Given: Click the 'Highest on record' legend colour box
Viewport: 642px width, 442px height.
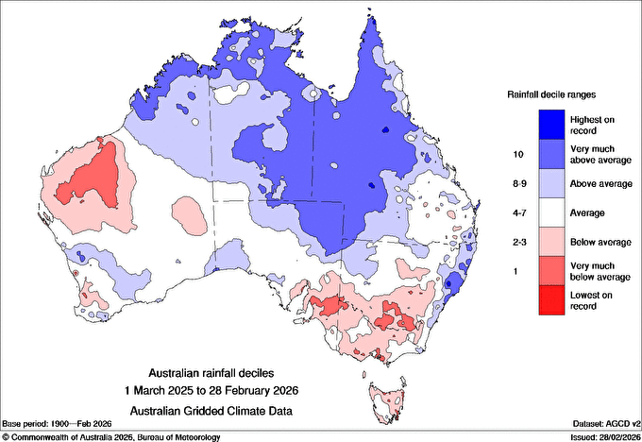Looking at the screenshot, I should (x=551, y=124).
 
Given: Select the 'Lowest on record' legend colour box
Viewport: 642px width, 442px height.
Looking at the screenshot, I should (x=551, y=304).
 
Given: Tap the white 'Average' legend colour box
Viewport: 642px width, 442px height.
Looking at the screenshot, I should (x=551, y=213).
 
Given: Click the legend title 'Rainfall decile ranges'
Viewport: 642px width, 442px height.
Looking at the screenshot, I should (x=551, y=94).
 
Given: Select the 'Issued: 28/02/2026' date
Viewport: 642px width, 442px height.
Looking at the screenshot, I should (x=597, y=436).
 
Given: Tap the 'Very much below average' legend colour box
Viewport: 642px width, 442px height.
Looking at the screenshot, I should (x=551, y=274).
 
